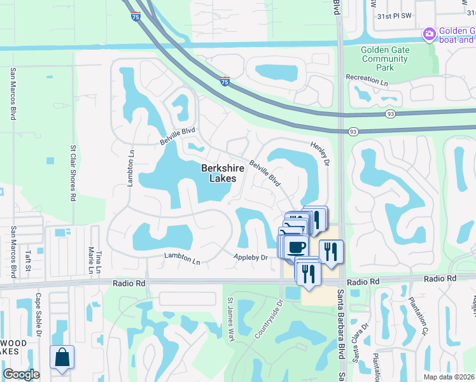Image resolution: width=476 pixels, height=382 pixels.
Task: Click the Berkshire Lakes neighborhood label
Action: [219, 173]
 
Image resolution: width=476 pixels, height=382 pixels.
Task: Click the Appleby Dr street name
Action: [250, 257]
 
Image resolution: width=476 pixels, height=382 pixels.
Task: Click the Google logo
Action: [21, 374]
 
